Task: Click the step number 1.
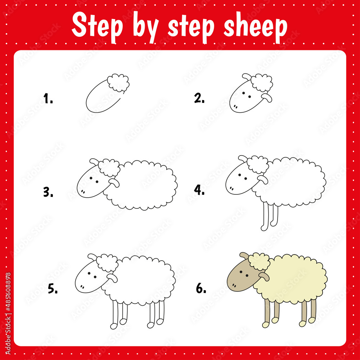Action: coord(48,98)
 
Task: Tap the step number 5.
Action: coord(53,289)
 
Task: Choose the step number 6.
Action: coord(201,288)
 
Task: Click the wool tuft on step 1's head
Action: coord(119,83)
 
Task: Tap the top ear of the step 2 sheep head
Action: coord(246,77)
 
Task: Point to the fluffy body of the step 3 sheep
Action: coord(144,185)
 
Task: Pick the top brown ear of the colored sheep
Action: coord(244,255)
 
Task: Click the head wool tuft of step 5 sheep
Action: coord(108,263)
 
